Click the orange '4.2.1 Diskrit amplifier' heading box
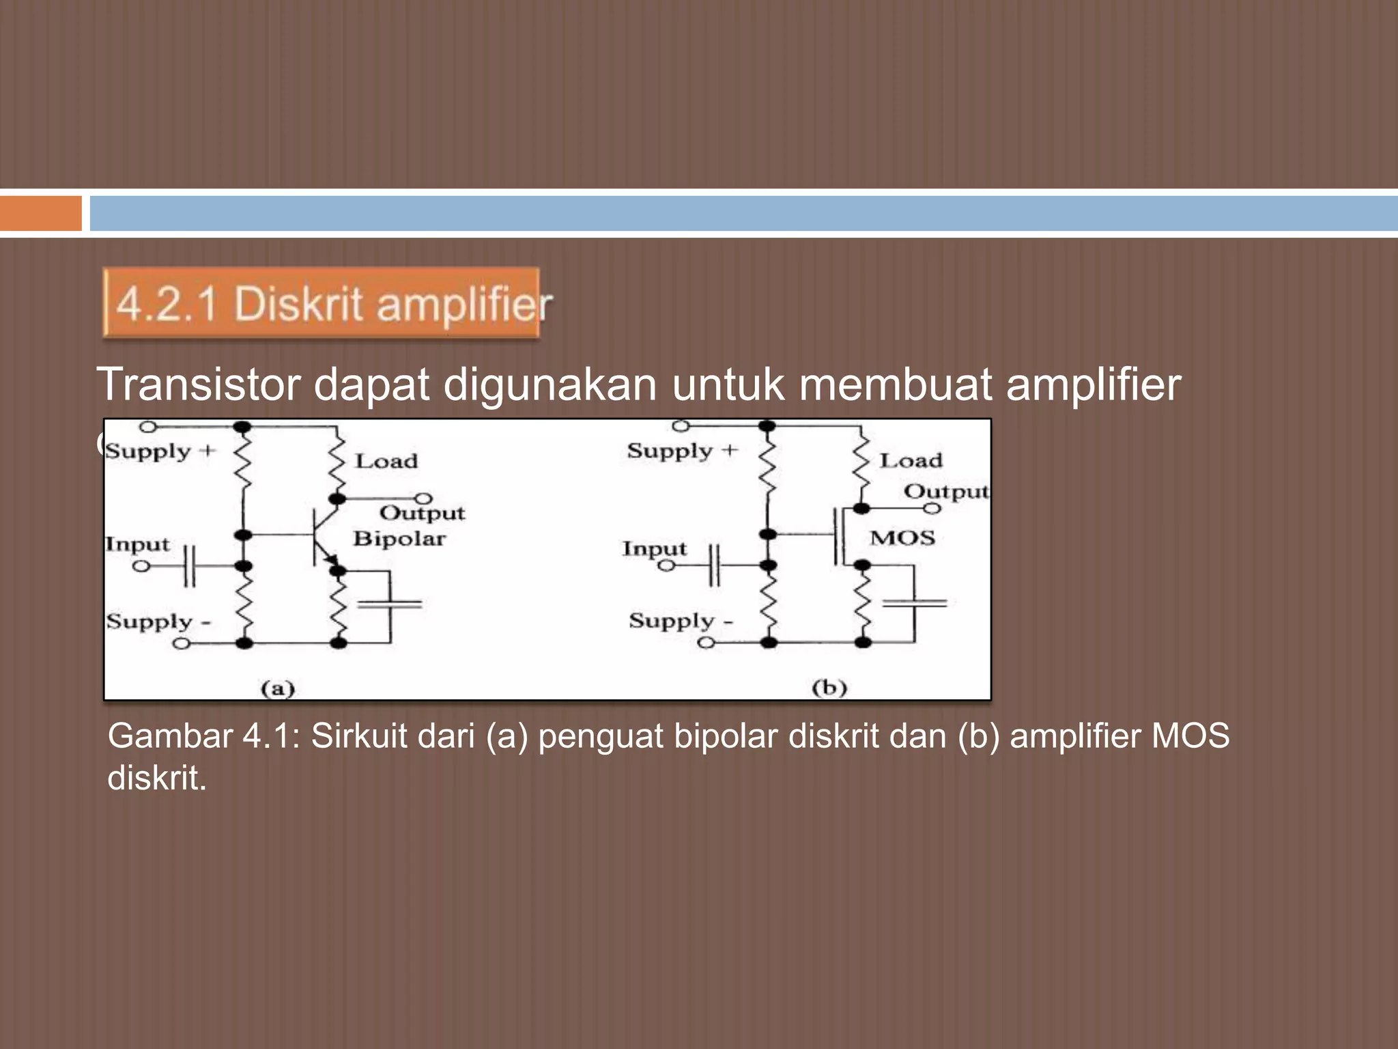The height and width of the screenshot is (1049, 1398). point(321,303)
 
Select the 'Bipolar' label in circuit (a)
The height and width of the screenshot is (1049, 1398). point(399,539)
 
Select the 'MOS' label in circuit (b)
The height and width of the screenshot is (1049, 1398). point(902,538)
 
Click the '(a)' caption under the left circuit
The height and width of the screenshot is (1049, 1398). point(278,688)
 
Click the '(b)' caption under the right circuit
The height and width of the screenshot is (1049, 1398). point(829,687)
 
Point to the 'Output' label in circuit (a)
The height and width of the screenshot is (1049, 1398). point(422,513)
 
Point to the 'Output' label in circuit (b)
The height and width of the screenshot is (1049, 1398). point(945,491)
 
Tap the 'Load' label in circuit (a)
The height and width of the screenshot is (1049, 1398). point(386,461)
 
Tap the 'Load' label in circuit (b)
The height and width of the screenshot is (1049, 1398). point(911,460)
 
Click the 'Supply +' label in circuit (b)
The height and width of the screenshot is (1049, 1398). point(682,451)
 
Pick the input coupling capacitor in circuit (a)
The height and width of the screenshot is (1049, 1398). point(190,566)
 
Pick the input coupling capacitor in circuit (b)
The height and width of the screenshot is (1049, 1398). point(713,565)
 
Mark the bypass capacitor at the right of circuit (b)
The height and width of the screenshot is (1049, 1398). point(914,603)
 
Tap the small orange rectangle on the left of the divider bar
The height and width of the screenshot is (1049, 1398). point(40,214)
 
